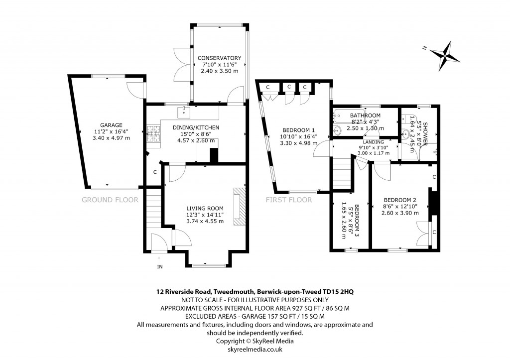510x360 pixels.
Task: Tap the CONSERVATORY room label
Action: point(219,58)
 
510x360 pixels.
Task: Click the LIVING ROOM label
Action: point(205,208)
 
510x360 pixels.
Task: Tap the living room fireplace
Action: point(240,206)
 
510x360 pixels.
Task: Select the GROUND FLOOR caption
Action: point(110,200)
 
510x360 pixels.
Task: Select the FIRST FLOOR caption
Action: point(288,200)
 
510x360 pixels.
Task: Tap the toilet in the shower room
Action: point(407,119)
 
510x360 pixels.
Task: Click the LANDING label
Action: point(373,142)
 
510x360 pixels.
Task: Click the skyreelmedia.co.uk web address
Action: point(255,350)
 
